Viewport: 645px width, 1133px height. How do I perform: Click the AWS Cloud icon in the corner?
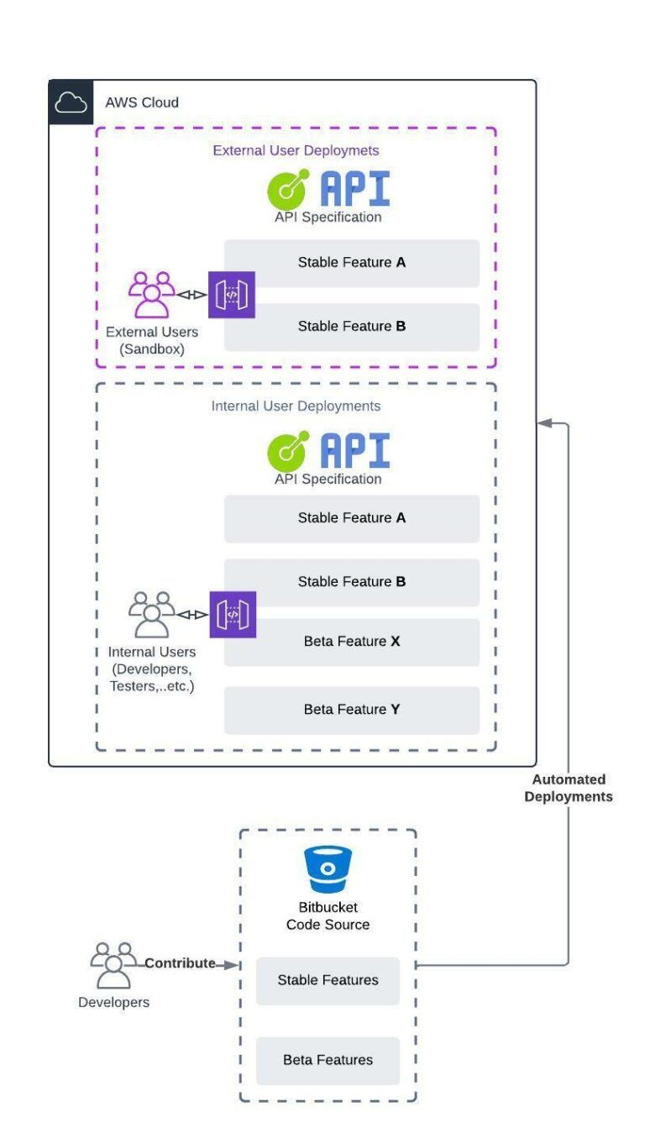(71, 102)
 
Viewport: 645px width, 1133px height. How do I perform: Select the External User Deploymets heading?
(296, 151)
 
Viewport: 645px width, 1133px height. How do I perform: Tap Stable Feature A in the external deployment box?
(351, 263)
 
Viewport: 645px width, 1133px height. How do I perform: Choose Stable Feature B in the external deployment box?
(351, 327)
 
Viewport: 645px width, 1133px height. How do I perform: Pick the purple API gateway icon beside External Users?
(232, 295)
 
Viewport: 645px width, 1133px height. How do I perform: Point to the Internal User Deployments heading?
(296, 407)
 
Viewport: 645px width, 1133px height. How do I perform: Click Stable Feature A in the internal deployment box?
(351, 518)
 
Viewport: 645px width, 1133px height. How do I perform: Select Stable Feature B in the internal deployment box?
(351, 582)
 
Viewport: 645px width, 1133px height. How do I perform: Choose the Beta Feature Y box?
(351, 711)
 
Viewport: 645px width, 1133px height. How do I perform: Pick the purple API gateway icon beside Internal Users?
(232, 615)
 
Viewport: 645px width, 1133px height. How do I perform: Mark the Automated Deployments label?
(569, 788)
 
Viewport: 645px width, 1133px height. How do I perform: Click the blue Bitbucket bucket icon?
(328, 871)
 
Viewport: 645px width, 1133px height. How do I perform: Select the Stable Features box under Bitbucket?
(328, 981)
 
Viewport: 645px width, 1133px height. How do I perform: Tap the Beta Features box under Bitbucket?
(328, 1061)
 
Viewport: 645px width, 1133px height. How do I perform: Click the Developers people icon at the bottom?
(113, 965)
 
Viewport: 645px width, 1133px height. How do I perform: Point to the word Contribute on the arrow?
(180, 963)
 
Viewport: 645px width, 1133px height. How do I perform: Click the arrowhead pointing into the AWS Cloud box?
(544, 423)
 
